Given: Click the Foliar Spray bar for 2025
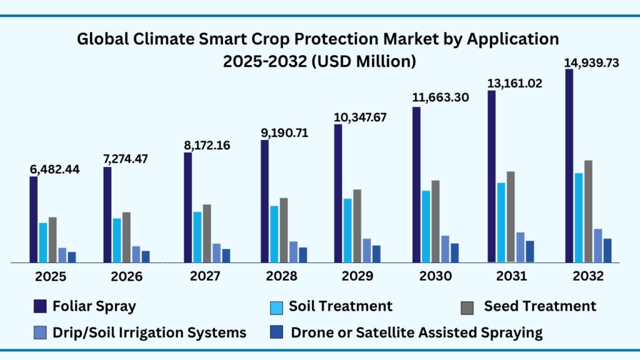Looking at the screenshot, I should (x=34, y=219).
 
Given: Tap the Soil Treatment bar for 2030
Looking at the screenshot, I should (x=426, y=226).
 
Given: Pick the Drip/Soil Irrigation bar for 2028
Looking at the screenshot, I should (x=293, y=252).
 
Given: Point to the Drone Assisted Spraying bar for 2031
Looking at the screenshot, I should (x=530, y=251).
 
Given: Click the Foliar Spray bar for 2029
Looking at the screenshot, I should (x=338, y=193).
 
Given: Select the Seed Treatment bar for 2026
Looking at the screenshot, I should (x=126, y=237).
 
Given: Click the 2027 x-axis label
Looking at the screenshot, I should (x=204, y=276).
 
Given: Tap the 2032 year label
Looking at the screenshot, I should (x=587, y=276).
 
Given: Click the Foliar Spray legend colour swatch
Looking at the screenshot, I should (x=41, y=306).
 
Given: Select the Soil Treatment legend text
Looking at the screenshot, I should (x=340, y=306).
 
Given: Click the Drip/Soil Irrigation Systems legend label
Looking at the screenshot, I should (x=149, y=332).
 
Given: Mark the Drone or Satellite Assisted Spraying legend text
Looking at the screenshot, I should (x=417, y=332).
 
